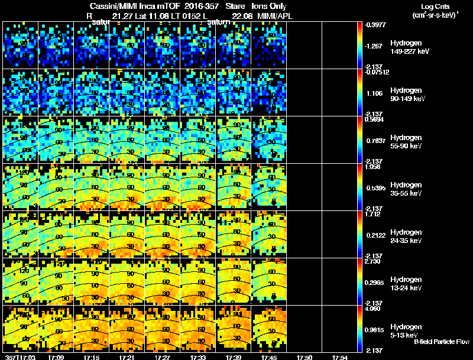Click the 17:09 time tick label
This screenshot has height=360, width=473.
click(57, 357)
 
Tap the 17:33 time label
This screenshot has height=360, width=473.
click(199, 357)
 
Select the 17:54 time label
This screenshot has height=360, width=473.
click(340, 357)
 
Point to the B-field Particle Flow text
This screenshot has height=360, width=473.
click(442, 342)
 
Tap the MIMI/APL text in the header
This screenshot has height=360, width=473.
click(275, 16)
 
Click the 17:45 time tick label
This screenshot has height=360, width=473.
click(269, 357)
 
